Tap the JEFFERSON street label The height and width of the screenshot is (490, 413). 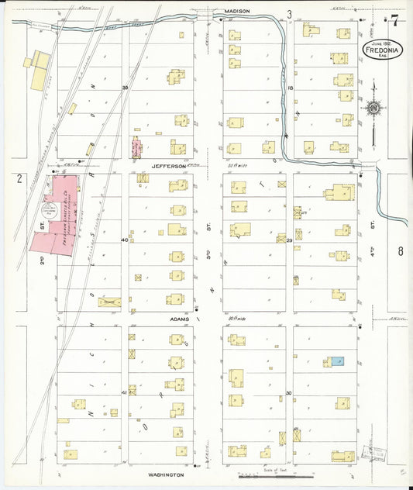[x=169, y=165]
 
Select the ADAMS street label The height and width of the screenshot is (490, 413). [x=169, y=318]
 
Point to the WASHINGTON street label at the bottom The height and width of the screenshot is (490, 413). [x=167, y=474]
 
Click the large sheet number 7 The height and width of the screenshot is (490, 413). [x=395, y=20]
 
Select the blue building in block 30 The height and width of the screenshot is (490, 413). [x=336, y=362]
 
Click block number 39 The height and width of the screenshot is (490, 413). [x=125, y=88]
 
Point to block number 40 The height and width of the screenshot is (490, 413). [x=125, y=240]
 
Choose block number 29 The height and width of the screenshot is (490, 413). [x=290, y=240]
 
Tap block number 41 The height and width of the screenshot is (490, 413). [x=125, y=393]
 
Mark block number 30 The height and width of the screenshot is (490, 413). [x=290, y=393]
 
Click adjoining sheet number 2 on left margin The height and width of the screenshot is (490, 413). [x=18, y=178]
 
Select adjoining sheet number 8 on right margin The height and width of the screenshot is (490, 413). [x=401, y=250]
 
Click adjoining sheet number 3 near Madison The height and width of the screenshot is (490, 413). [x=290, y=14]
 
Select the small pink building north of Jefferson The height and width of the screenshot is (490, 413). [x=137, y=147]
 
